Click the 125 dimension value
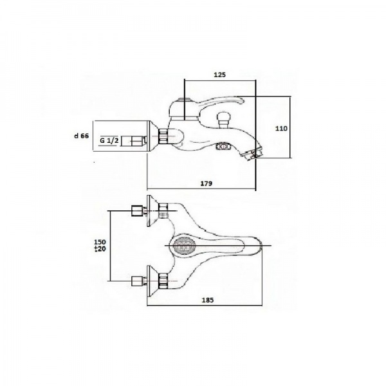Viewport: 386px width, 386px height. (x=219, y=75)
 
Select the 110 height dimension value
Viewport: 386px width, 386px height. (x=281, y=129)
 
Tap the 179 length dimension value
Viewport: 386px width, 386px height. (x=206, y=183)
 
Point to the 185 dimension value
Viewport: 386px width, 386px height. (x=208, y=300)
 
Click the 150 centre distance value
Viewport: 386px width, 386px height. (x=100, y=242)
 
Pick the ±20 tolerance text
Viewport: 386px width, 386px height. (x=100, y=249)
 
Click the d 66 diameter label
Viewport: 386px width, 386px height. (x=81, y=136)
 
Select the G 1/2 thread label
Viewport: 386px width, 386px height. (x=109, y=140)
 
